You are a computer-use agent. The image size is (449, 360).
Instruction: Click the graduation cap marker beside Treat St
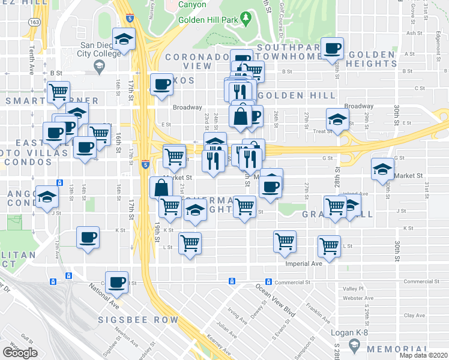pyautogui.click(x=337, y=118)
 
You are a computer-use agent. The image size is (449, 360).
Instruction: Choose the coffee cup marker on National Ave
pyautogui.click(x=117, y=281)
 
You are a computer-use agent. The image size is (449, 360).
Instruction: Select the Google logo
pyautogui.click(x=20, y=353)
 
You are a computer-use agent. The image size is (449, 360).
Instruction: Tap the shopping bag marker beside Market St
pyautogui.click(x=161, y=187)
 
